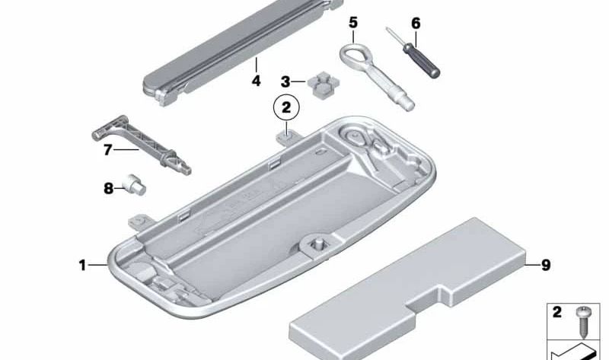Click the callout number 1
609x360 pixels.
click(x=82, y=266)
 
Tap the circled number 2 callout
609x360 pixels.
click(x=286, y=107)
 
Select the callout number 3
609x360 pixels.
click(x=285, y=82)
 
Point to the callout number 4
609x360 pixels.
click(x=256, y=81)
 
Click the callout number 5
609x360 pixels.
click(x=352, y=23)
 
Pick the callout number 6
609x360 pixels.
click(x=416, y=24)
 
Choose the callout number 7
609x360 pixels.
click(x=107, y=149)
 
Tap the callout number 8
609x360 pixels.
click(x=108, y=189)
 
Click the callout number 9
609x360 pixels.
click(x=546, y=265)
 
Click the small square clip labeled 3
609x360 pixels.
click(x=324, y=84)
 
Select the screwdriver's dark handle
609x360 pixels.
click(x=422, y=61)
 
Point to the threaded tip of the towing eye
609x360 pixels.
click(x=408, y=105)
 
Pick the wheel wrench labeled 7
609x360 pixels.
click(x=142, y=145)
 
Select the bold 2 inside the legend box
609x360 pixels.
click(x=557, y=312)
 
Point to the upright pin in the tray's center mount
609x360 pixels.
click(x=317, y=244)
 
